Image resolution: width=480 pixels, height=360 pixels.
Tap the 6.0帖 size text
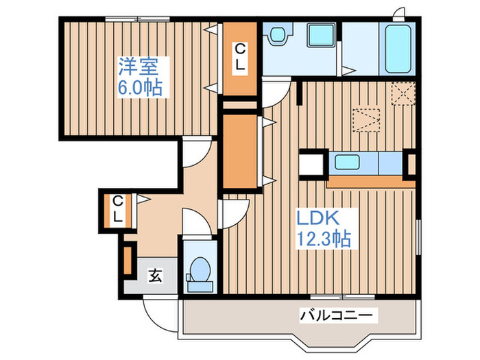tap(144, 88)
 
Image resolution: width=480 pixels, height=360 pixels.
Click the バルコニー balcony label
tap(337, 316)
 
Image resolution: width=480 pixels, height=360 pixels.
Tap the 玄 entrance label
tap(156, 276)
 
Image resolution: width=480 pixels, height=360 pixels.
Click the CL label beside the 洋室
tap(240, 58)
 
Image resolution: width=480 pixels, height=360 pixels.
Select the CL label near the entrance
tap(119, 210)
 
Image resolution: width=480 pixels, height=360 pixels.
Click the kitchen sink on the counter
tap(352, 164)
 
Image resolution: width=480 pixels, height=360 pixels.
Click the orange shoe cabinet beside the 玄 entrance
tap(127, 259)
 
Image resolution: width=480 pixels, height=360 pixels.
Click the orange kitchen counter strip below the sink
tap(370, 182)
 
